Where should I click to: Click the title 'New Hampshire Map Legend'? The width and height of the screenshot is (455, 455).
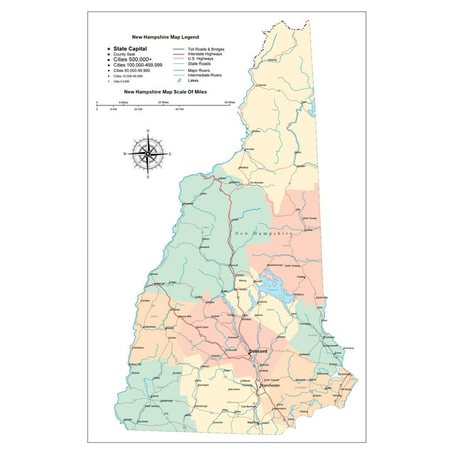[166, 36]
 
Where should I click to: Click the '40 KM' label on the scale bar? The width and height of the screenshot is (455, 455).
[179, 109]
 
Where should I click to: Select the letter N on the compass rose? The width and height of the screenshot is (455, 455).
[147, 132]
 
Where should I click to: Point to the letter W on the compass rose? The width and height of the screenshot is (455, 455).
[125, 154]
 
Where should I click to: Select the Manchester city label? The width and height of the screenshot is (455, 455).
[269, 385]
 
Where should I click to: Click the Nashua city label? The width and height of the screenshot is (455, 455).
[252, 422]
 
